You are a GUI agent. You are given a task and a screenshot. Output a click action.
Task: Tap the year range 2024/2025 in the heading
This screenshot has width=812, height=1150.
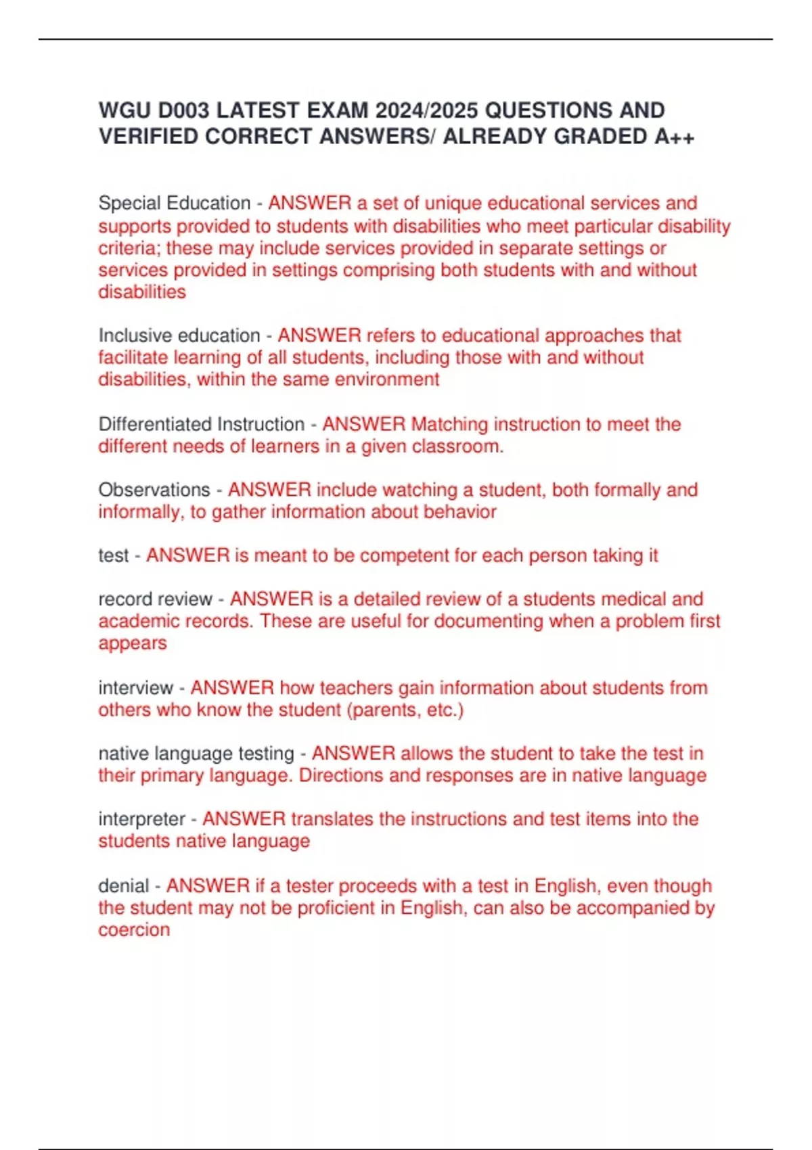[x=427, y=110]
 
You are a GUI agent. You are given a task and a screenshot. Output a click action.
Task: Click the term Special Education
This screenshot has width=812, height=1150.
[x=175, y=203]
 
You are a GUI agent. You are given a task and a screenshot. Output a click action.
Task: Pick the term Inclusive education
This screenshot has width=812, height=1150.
[x=179, y=336]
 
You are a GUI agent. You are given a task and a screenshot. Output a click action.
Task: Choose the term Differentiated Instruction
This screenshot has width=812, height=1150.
[x=202, y=424]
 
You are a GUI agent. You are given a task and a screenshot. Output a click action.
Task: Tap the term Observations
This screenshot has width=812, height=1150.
[x=154, y=490]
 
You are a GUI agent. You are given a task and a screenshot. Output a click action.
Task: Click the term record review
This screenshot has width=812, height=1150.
[x=156, y=599]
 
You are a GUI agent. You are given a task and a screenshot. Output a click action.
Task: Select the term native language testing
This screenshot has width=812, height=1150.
[x=196, y=754]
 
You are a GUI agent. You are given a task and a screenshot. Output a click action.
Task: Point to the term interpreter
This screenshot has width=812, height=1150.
[x=142, y=819]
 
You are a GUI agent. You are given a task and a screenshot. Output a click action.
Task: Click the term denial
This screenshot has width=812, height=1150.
[x=123, y=885]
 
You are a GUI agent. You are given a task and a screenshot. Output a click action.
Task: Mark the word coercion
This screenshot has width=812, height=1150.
[x=134, y=930]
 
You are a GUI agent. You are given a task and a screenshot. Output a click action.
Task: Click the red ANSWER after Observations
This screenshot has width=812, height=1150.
[x=269, y=490]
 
